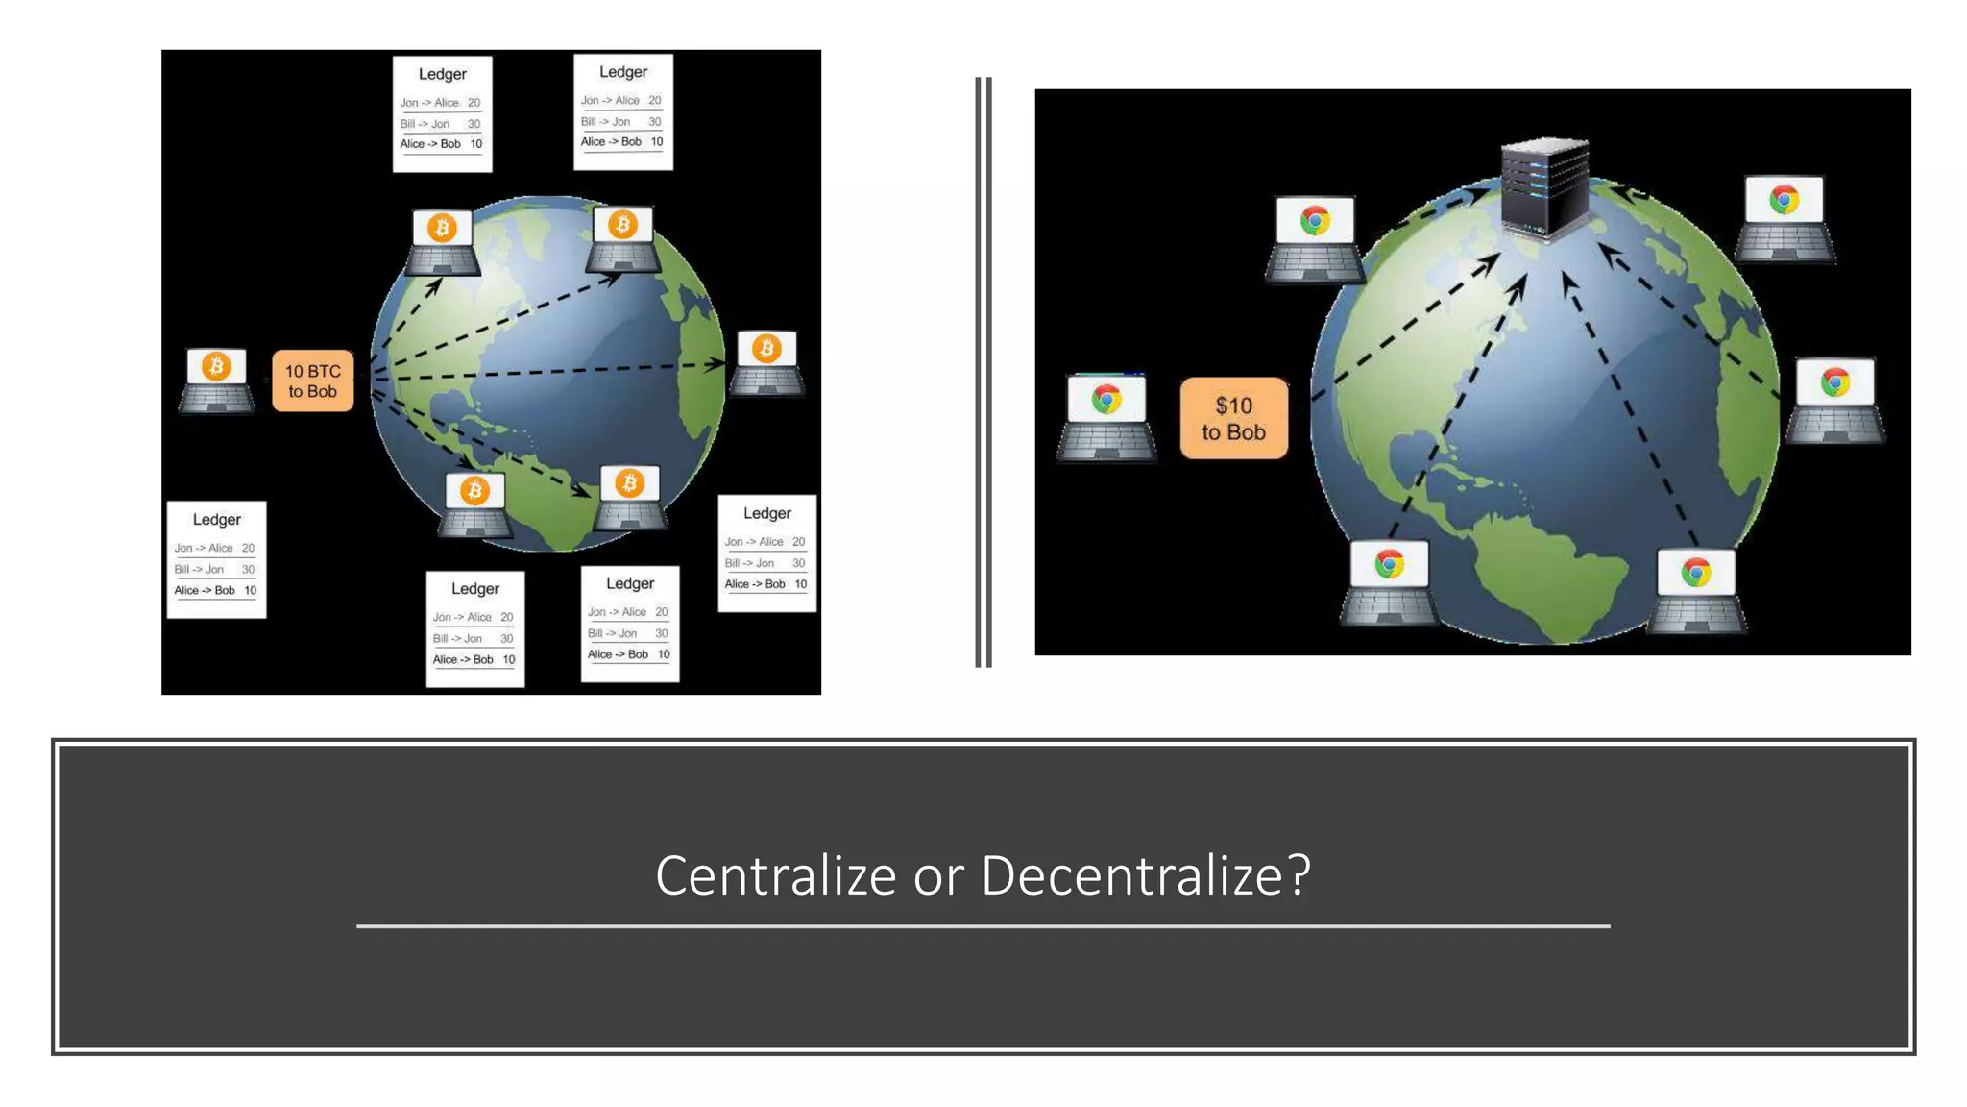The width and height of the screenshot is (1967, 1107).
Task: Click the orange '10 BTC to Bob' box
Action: click(312, 381)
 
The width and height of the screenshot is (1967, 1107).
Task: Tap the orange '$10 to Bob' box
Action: click(1233, 419)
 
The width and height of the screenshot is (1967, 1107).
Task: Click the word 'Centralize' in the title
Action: click(775, 875)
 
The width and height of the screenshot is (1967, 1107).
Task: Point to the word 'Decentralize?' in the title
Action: click(1145, 875)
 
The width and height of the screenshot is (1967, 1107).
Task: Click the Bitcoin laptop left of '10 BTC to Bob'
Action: click(216, 381)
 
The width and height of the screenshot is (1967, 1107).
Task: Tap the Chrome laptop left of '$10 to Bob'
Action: click(1106, 417)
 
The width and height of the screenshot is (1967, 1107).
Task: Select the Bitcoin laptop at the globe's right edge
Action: click(766, 363)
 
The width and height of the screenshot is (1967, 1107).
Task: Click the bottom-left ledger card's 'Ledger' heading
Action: click(216, 520)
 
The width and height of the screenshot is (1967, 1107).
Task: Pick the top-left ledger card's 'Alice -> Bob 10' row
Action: click(442, 144)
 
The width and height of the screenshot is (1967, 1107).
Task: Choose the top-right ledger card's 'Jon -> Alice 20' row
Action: click(621, 101)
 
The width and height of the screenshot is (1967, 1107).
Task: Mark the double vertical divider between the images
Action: click(983, 372)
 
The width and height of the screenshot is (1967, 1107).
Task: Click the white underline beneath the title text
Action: click(983, 926)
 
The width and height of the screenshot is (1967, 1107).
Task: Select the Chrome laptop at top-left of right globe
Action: click(1315, 238)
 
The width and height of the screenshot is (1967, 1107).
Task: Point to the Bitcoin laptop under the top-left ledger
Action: click(442, 242)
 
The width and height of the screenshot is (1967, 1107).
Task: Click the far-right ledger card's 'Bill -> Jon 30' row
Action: click(765, 563)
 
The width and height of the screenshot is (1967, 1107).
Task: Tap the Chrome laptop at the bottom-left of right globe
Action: click(1389, 581)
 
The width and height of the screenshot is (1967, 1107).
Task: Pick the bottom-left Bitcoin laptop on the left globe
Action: click(474, 505)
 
